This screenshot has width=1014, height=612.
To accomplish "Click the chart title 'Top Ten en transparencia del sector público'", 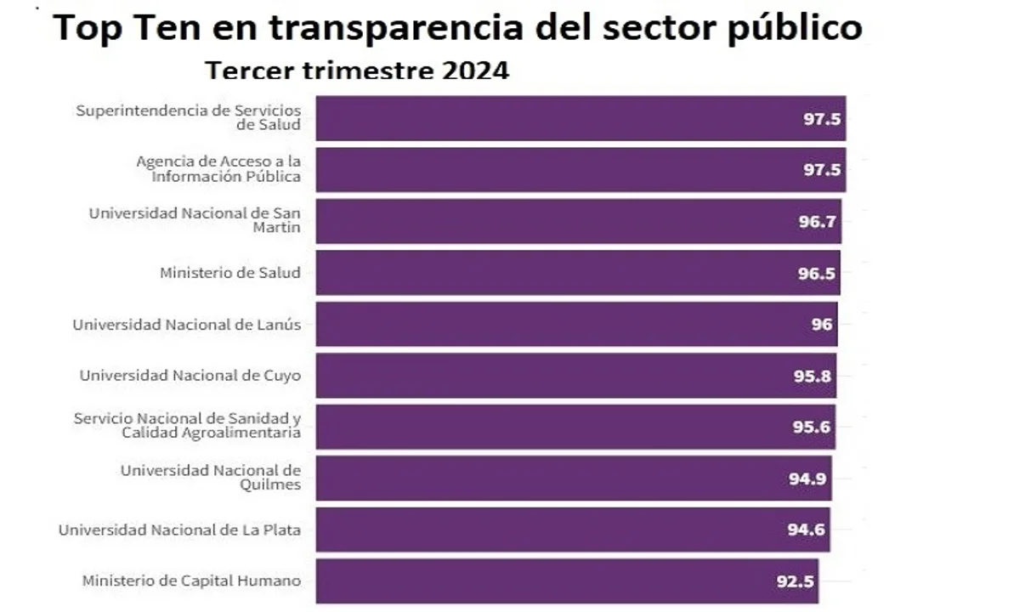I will click(458, 28).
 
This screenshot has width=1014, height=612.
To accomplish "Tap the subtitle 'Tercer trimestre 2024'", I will click(357, 70).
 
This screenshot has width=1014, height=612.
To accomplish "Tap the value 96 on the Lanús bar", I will click(822, 324).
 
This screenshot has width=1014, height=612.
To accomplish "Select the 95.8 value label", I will click(811, 376).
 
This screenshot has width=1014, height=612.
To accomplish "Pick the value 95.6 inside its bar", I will click(811, 427).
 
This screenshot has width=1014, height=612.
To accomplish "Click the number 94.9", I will click(808, 479).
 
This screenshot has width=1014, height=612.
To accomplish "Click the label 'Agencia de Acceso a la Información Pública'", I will click(218, 169).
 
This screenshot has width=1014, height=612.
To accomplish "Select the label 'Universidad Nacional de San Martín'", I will click(195, 221).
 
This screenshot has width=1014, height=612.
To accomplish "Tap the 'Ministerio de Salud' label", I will click(229, 273).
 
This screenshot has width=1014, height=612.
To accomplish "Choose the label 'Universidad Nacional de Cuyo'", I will click(190, 375).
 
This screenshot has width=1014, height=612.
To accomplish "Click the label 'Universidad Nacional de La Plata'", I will click(179, 530).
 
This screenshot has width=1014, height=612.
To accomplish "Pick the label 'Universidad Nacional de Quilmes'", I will click(210, 478).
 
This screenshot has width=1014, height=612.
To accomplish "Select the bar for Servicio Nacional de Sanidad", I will click(575, 427).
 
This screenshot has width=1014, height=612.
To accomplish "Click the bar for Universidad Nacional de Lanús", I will click(576, 324).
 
